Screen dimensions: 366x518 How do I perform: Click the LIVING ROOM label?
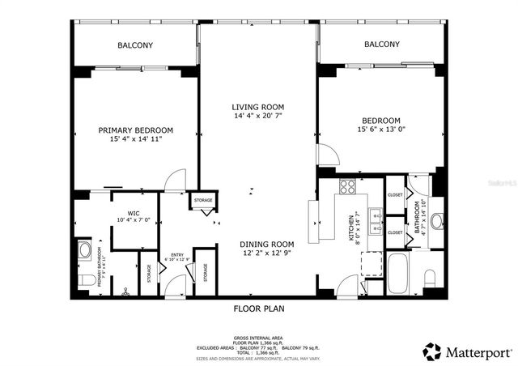point(258,106)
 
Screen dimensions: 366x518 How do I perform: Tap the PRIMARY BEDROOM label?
point(136,130)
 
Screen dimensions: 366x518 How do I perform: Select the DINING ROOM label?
point(266,244)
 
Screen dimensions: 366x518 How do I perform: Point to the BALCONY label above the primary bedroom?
point(136,45)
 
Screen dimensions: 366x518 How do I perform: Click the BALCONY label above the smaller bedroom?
point(381,45)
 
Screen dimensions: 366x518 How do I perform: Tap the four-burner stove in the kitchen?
point(347,187)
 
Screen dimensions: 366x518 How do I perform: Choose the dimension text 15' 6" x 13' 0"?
point(380,130)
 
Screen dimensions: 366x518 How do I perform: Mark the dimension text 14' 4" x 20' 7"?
point(258,116)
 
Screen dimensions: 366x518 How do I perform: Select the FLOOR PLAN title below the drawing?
point(258,309)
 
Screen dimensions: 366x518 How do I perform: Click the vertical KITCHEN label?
point(351,229)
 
